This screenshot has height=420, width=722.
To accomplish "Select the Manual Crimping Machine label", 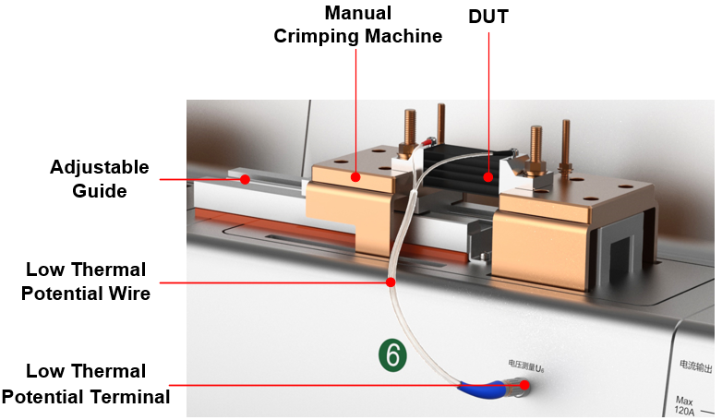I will point(357,25).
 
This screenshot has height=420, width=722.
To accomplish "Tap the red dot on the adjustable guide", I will point(245,179).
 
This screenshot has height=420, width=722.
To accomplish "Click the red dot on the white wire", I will point(391,282).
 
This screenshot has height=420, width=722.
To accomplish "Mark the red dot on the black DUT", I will point(490,173).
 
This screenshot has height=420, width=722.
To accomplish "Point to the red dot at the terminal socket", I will point(524,385).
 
